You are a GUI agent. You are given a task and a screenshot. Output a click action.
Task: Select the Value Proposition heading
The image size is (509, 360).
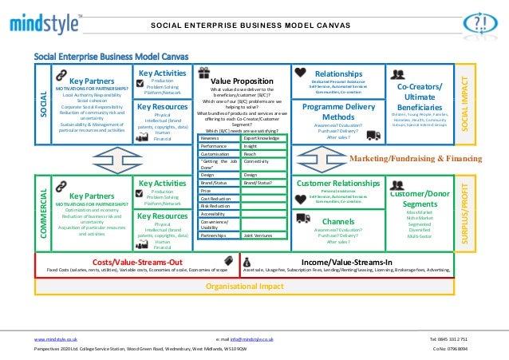tap(241, 81)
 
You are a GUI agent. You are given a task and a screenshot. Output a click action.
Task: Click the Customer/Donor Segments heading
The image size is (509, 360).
tap(423, 200)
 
